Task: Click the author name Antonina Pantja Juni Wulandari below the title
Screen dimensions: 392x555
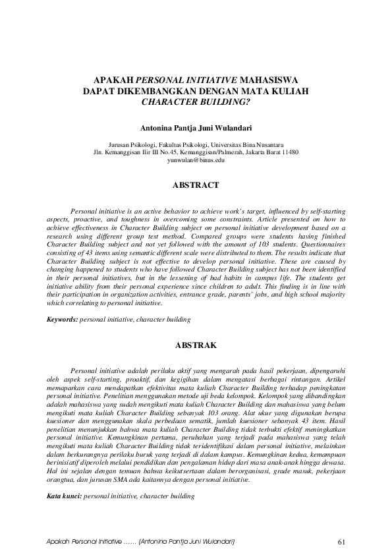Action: click(x=196, y=123)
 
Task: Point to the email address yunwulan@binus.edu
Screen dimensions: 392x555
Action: click(x=196, y=160)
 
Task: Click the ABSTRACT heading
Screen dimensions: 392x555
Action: click(x=196, y=186)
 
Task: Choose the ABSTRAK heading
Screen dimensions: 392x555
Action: click(x=196, y=345)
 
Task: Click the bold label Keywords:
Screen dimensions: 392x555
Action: click(x=61, y=319)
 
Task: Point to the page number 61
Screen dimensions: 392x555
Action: click(x=341, y=542)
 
